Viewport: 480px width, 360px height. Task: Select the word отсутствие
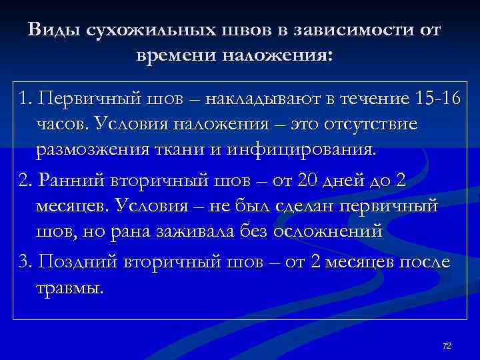click(373, 123)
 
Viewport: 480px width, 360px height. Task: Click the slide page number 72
click(447, 345)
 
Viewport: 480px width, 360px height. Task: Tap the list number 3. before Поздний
click(26, 263)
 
